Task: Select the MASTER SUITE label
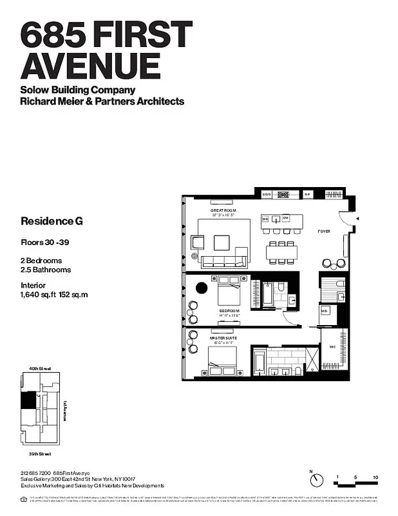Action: [x=221, y=337]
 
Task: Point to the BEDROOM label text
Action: [x=229, y=311]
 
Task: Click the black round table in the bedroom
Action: [x=201, y=288]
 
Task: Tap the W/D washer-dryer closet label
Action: [x=325, y=310]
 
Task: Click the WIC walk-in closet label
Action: [x=332, y=346]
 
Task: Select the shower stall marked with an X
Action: [x=312, y=359]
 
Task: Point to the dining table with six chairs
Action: [x=282, y=252]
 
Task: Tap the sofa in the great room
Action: [x=223, y=261]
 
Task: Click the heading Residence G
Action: [x=52, y=221]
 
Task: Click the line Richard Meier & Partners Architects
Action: [x=102, y=101]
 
